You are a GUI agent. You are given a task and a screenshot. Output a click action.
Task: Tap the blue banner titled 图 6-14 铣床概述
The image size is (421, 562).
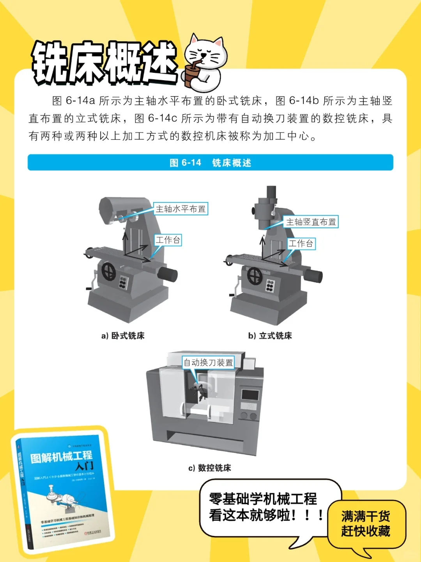210,162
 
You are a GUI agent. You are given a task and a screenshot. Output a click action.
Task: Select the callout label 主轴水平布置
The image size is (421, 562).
180,209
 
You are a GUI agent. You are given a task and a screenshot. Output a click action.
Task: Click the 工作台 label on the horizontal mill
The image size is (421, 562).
168,240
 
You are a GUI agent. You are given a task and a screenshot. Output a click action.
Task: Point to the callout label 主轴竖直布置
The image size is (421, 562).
311,222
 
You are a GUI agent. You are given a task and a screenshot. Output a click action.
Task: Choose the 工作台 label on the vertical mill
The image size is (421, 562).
301,244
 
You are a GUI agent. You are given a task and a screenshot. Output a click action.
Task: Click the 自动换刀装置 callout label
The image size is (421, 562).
209,363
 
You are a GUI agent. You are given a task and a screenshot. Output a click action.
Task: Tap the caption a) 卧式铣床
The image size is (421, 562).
123,336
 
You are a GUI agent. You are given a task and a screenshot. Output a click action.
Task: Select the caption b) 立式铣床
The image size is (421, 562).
270,336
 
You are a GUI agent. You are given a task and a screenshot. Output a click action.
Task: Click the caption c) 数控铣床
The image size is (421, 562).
210,468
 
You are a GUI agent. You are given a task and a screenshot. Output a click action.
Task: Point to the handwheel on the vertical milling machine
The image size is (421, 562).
255,275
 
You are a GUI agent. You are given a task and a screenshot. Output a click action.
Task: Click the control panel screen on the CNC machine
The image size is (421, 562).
250,395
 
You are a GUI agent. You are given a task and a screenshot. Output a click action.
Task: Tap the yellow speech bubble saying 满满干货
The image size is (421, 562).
366,524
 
